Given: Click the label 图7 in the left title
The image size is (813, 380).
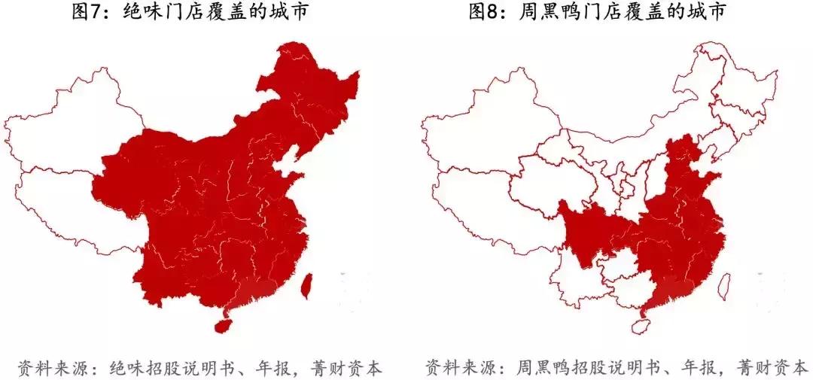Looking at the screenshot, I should [90, 13].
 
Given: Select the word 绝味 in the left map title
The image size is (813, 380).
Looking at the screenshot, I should [141, 13].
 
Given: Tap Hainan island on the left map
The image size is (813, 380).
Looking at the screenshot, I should [223, 327].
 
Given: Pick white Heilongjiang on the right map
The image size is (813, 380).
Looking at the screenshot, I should [734, 83].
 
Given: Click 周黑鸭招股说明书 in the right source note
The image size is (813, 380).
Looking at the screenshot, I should [587, 366].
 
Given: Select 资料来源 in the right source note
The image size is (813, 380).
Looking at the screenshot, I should [452, 366].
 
